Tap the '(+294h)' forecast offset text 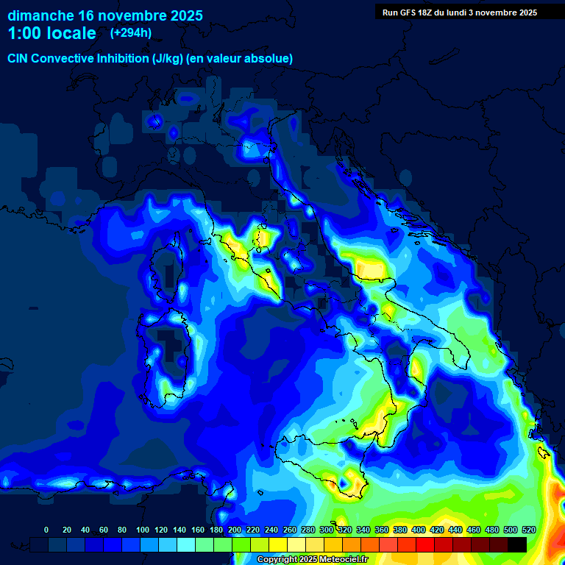[131, 32]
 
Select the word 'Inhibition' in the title [123, 58]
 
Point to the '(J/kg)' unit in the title [174, 58]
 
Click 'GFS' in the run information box [413, 13]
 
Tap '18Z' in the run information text [436, 13]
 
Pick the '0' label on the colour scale [46, 530]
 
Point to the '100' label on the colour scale [142, 530]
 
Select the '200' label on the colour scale [235, 530]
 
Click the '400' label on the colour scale [418, 530]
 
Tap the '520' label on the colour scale [528, 530]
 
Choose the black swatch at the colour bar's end [517, 544]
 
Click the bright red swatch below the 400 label [425, 544]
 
